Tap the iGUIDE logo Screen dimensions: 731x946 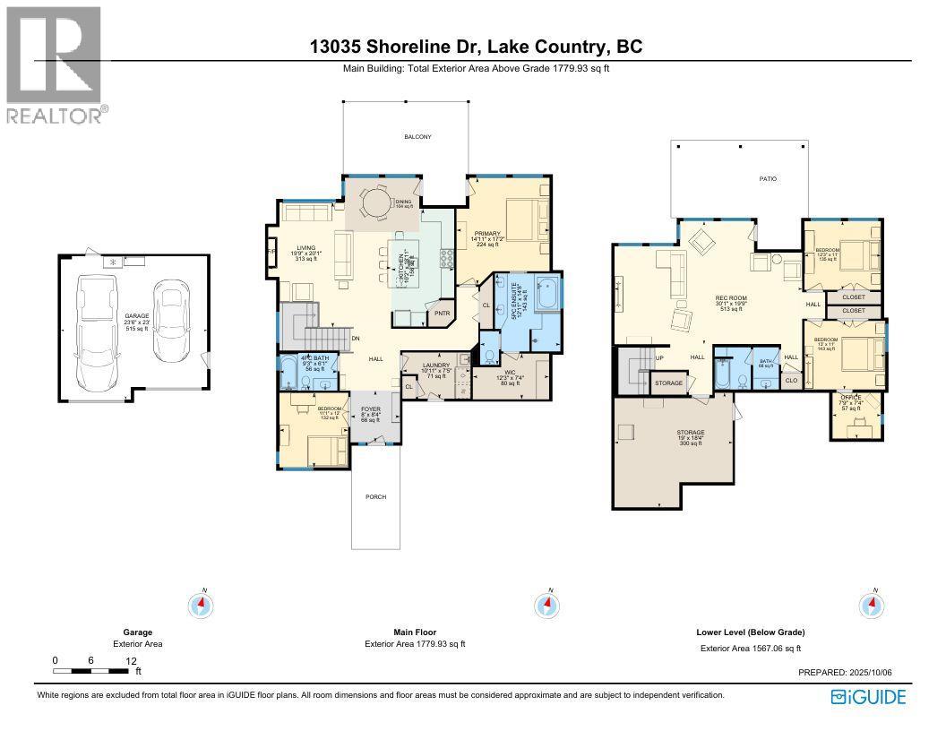point(868,697)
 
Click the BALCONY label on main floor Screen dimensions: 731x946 point(417,137)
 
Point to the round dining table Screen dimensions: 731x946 point(376,203)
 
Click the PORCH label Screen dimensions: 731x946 point(375,496)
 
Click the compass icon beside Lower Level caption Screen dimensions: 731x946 point(871,606)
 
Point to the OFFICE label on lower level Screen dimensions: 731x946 point(850,397)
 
